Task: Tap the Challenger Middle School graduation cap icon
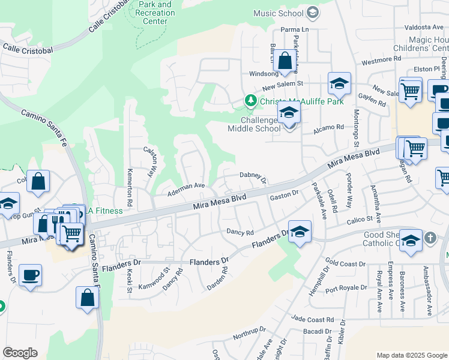coord(289,113)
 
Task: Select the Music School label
coord(279,13)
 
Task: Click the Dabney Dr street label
coord(253,175)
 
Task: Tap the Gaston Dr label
coord(285,195)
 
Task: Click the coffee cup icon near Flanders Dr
coord(30,276)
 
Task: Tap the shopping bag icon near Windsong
coord(285,61)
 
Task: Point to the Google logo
coord(20,353)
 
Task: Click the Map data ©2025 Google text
coord(412,355)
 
